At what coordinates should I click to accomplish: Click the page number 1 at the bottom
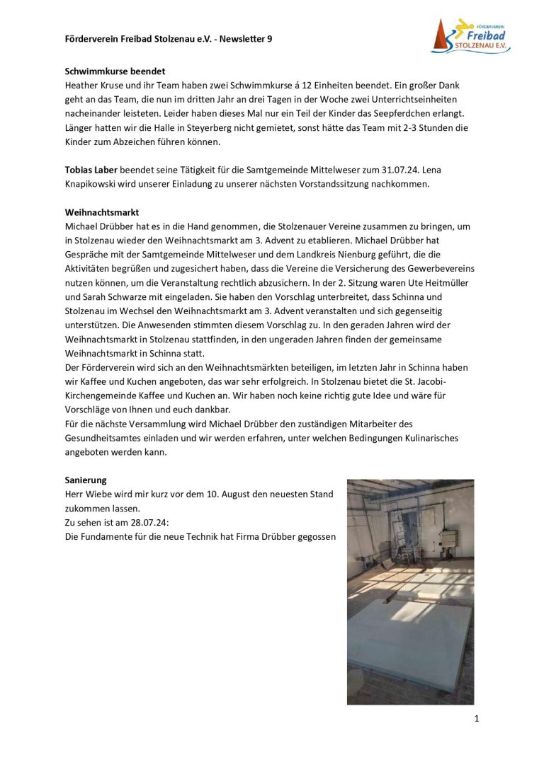click(477, 719)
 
